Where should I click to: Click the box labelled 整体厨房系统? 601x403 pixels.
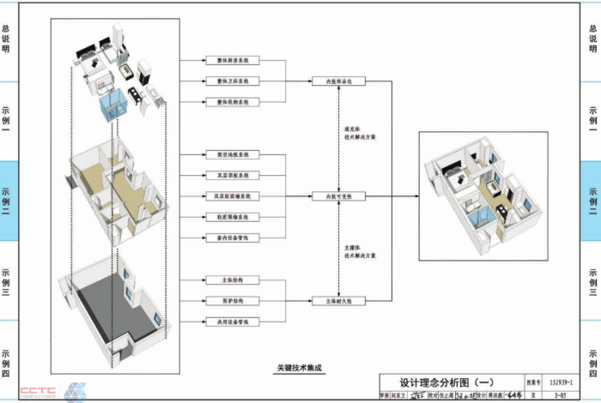pyautogui.click(x=232, y=60)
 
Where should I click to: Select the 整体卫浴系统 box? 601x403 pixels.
pyautogui.click(x=232, y=81)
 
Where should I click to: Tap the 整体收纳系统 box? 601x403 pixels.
pyautogui.click(x=232, y=102)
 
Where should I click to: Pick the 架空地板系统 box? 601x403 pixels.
pyautogui.click(x=232, y=155)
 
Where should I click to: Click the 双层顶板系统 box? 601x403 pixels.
pyautogui.click(x=232, y=175)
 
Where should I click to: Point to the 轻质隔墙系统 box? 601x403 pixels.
pyautogui.click(x=232, y=217)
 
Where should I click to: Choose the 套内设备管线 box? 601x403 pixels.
pyautogui.click(x=232, y=238)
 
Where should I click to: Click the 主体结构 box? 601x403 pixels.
pyautogui.click(x=232, y=280)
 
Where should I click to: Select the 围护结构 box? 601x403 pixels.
pyautogui.click(x=232, y=301)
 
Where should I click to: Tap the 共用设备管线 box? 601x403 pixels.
pyautogui.click(x=232, y=322)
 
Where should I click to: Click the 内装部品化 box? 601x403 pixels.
pyautogui.click(x=339, y=81)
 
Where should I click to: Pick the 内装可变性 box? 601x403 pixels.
pyautogui.click(x=339, y=196)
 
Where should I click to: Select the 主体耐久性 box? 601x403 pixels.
pyautogui.click(x=339, y=301)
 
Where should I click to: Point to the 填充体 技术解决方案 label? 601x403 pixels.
pyautogui.click(x=360, y=133)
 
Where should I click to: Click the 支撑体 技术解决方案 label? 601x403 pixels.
pyautogui.click(x=360, y=251)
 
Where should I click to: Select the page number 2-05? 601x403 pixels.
pyautogui.click(x=561, y=396)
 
